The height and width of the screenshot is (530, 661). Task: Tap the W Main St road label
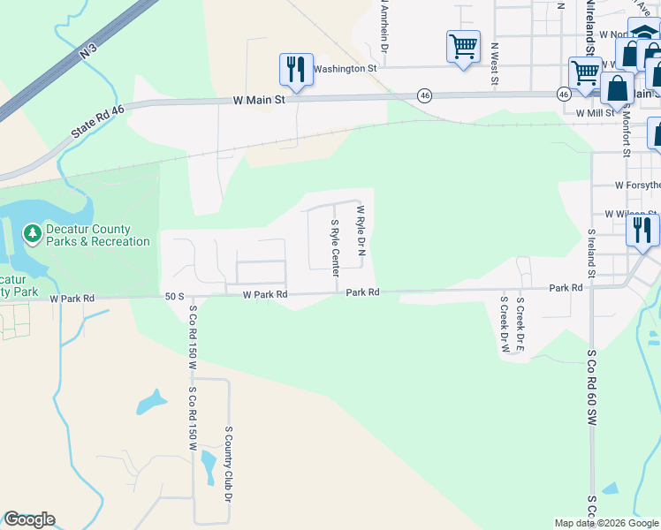click(x=259, y=100)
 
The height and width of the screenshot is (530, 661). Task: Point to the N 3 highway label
click(x=87, y=52)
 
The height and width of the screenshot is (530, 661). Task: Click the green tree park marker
click(x=33, y=233)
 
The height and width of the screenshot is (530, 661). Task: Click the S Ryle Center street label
click(x=335, y=246)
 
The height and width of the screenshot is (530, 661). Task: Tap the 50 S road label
click(x=173, y=296)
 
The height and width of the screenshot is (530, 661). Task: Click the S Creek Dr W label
click(x=505, y=324)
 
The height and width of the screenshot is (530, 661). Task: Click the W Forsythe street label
click(x=637, y=185)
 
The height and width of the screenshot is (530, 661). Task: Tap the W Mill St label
click(x=595, y=113)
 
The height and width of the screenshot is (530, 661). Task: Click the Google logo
click(x=29, y=519)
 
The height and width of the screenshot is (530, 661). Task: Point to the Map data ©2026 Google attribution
click(x=606, y=523)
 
